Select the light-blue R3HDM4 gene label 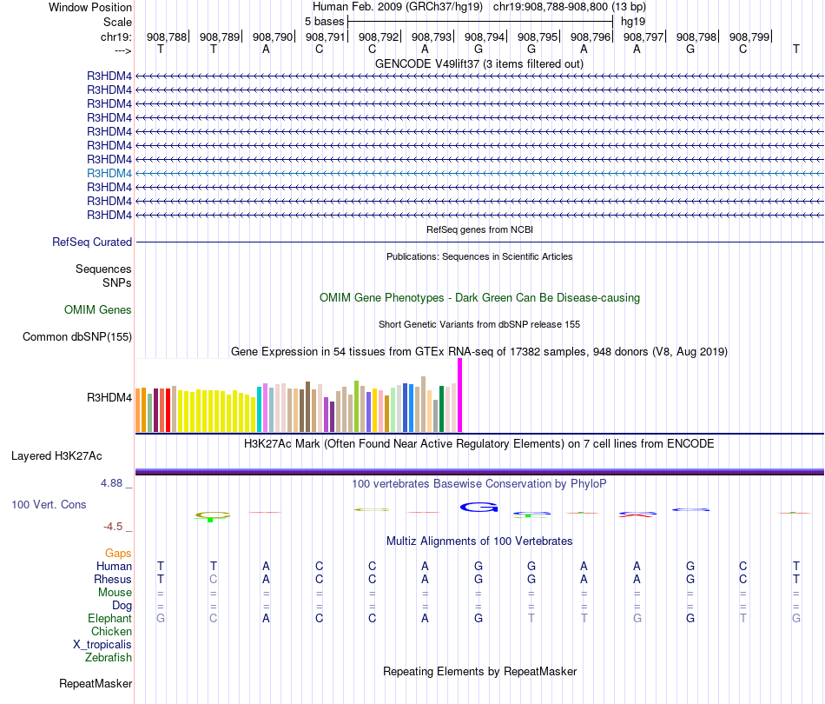[109, 173]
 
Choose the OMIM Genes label [98, 309]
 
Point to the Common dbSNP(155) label [77, 337]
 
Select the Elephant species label [110, 618]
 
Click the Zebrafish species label [109, 658]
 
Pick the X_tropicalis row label [102, 645]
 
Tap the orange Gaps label [118, 553]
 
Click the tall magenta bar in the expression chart [459, 395]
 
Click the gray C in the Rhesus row [214, 580]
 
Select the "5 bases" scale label [324, 21]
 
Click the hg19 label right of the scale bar [633, 21]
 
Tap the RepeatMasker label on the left [96, 684]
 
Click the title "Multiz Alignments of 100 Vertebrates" [479, 541]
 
